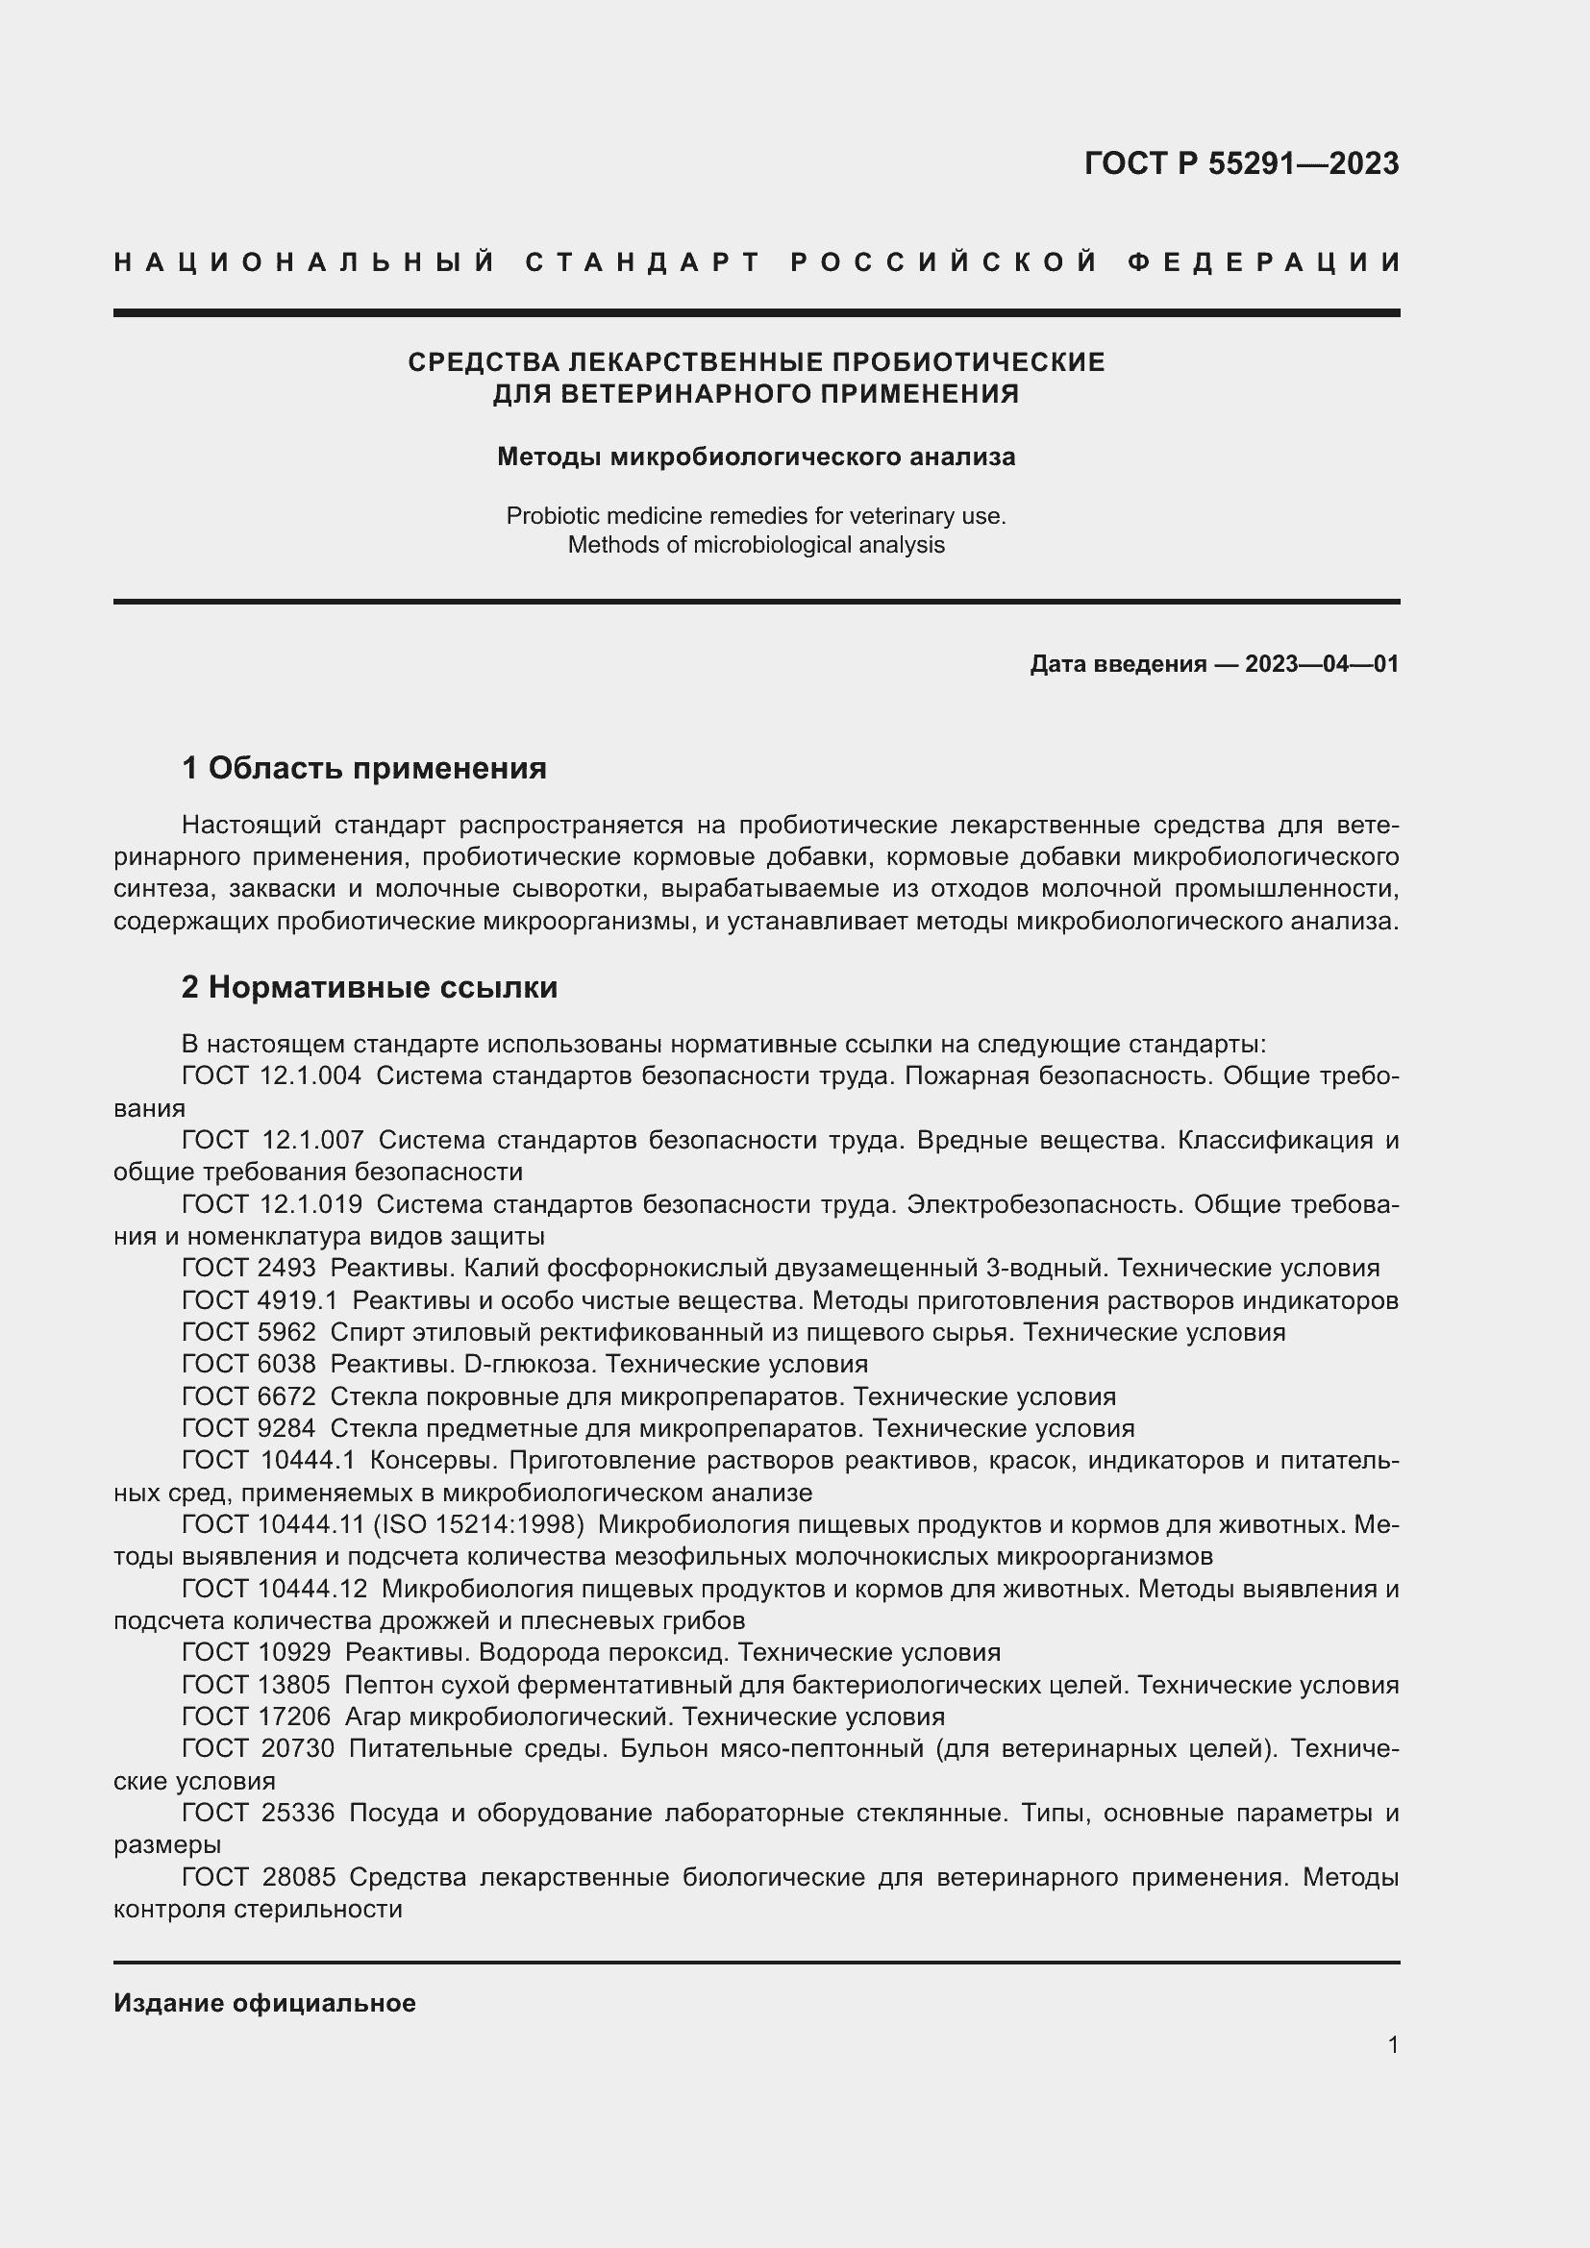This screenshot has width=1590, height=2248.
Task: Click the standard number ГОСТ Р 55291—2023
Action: tap(1240, 163)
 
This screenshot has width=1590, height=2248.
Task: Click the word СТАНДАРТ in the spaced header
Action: tap(643, 262)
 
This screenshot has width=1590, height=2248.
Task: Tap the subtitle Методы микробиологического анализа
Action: tap(756, 457)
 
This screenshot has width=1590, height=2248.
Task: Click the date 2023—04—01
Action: tap(1321, 664)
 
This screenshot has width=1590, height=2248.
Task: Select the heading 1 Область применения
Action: tap(363, 769)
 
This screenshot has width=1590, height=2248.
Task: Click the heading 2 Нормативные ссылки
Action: tap(369, 987)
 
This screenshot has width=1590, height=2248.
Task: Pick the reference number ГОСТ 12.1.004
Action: tap(271, 1076)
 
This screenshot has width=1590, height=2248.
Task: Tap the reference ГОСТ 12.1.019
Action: tap(271, 1204)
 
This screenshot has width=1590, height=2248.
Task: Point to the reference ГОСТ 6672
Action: tap(249, 1396)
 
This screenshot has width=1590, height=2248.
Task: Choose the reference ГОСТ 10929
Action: tap(257, 1653)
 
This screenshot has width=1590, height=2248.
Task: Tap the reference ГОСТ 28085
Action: tap(259, 1877)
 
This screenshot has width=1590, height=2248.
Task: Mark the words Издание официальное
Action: tap(264, 2003)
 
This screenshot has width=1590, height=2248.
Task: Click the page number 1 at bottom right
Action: tap(1392, 2044)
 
